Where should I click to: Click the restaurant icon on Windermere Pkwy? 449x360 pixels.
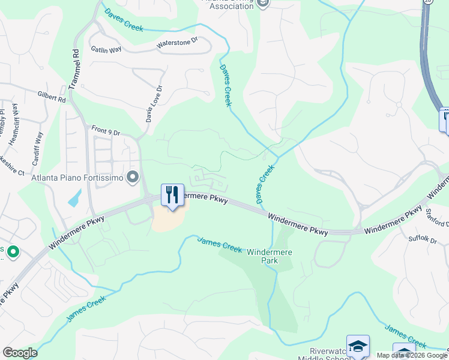[172, 194]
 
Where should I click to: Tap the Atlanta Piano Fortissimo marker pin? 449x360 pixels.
[133, 177]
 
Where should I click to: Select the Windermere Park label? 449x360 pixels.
[270, 257]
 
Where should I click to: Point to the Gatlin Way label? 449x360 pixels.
[107, 50]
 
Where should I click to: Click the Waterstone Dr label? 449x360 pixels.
[177, 43]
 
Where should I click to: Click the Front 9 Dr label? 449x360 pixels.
[106, 128]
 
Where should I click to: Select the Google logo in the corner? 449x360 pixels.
[20, 353]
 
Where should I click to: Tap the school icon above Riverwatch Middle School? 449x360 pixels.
[358, 346]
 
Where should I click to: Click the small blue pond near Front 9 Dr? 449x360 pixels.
[74, 198]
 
